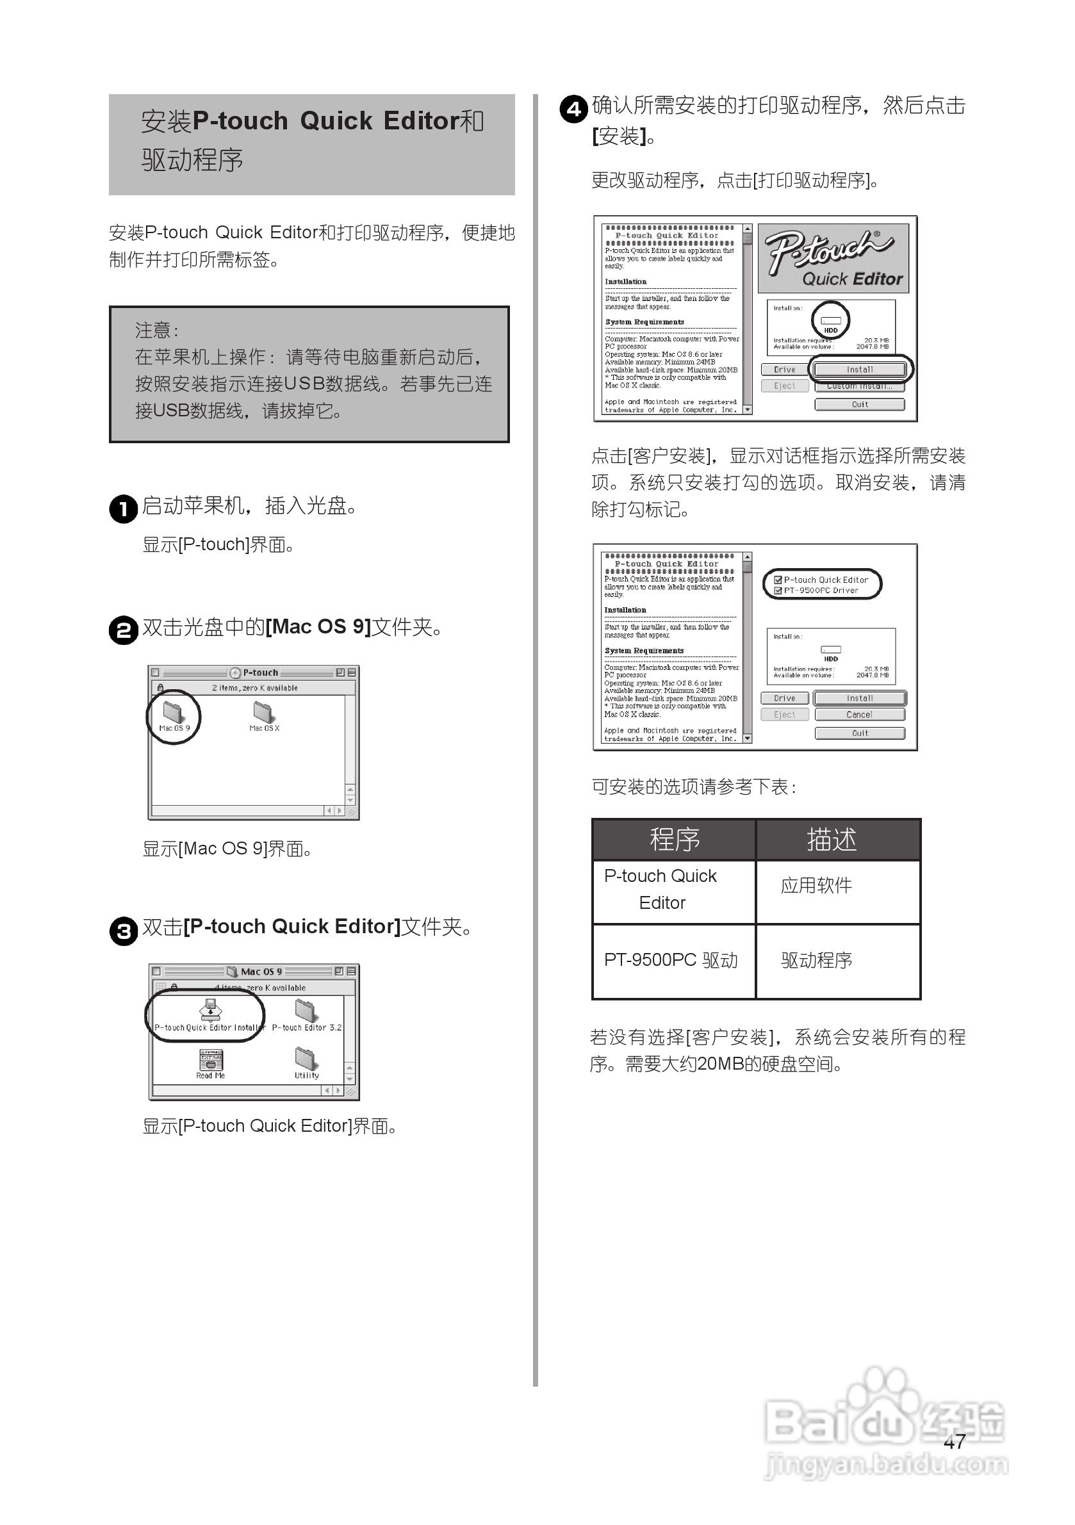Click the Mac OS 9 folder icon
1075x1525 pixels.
coord(173,712)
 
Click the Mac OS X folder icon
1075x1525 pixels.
coord(263,712)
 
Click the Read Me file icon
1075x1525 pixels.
coord(211,1059)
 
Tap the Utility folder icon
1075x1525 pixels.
coord(306,1059)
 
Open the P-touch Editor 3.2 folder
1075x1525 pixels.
coord(306,1011)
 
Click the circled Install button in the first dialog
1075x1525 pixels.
coord(859,370)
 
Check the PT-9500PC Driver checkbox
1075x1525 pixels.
coord(778,591)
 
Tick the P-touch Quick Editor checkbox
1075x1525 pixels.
coord(778,580)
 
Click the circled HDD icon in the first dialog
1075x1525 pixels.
coord(830,321)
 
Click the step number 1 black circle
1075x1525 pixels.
coord(123,509)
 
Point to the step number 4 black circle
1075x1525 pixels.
coord(573,109)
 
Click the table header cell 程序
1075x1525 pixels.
coord(674,840)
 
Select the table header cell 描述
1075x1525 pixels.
coord(831,840)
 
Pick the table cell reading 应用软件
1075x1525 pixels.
coord(816,885)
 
